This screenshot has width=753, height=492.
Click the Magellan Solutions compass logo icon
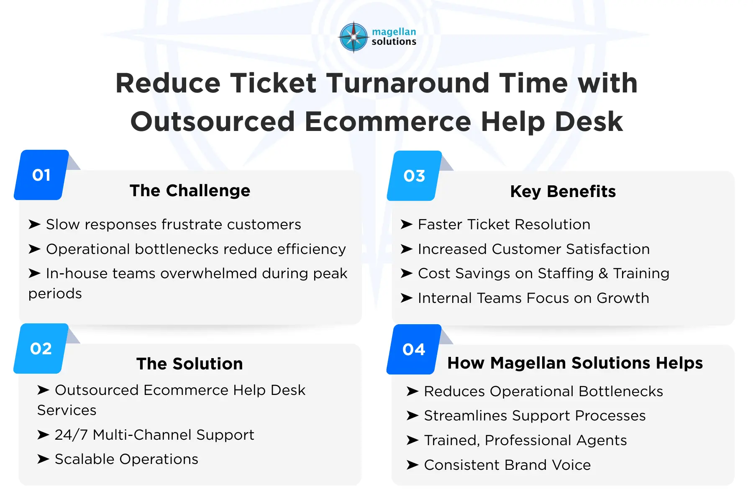[353, 37]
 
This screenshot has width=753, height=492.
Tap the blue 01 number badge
[41, 175]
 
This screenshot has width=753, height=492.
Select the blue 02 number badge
[41, 348]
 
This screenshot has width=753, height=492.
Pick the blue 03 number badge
[414, 176]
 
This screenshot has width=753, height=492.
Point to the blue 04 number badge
[414, 349]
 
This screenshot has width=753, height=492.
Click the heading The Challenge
[190, 191]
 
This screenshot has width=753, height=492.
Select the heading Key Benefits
[563, 192]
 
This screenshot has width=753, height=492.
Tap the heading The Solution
[190, 364]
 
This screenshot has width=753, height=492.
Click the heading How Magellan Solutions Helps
[575, 363]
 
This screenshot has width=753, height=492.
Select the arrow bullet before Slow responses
[34, 225]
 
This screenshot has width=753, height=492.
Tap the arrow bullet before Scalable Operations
[43, 459]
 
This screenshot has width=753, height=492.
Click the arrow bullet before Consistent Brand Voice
[412, 465]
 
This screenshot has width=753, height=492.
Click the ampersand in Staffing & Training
[603, 274]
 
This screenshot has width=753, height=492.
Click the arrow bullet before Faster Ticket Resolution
[407, 225]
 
